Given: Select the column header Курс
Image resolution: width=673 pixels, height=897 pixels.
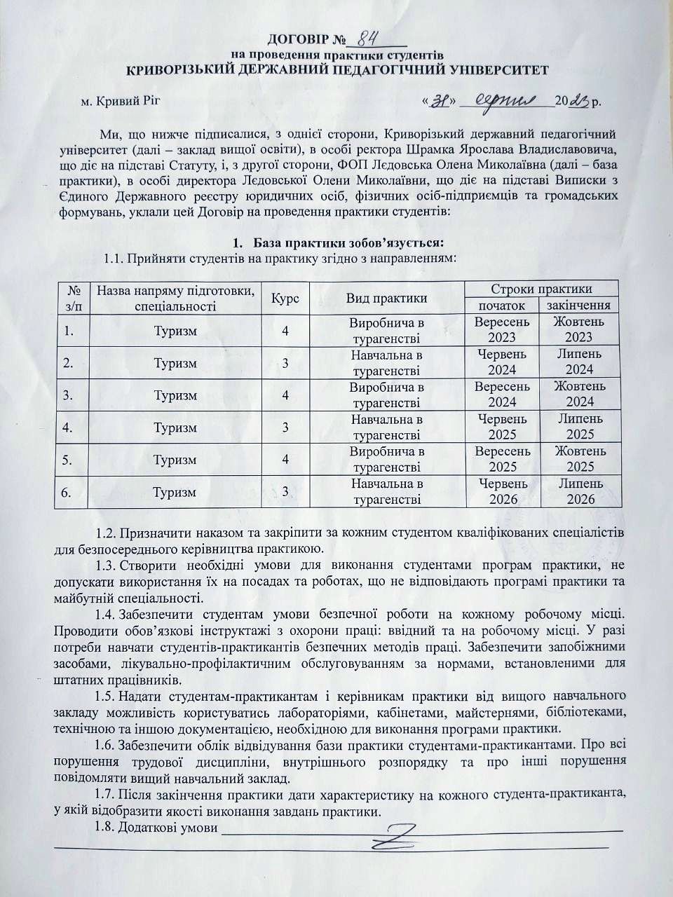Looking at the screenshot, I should point(285,297).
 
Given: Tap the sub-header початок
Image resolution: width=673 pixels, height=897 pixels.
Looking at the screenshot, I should point(501,305).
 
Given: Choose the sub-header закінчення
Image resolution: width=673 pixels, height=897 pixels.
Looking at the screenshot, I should point(579,305).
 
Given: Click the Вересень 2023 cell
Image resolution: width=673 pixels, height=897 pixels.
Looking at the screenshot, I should point(501,330).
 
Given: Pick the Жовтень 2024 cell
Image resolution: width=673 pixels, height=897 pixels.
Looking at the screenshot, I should point(580,395).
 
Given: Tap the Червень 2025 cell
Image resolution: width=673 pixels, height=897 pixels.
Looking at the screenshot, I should point(501,427).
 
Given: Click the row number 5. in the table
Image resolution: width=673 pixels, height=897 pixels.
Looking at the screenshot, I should point(68,460).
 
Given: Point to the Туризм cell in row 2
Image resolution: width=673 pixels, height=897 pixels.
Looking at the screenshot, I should point(175,363).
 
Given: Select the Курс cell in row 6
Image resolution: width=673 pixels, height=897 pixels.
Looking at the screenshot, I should point(285,492).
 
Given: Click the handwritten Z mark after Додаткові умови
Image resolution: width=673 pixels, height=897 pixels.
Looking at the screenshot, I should point(397,835).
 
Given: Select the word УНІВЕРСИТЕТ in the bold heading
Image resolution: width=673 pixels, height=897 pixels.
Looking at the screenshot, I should point(490,69).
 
